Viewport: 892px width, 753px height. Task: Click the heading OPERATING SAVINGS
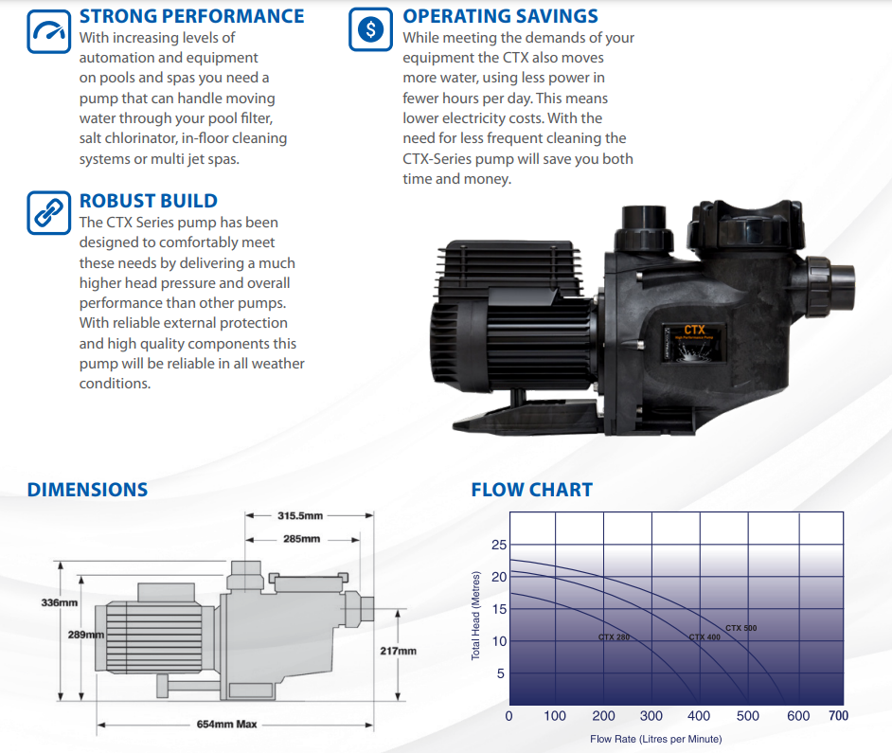[500, 16]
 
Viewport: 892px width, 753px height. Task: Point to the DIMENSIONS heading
[87, 490]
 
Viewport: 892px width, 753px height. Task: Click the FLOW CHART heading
[531, 490]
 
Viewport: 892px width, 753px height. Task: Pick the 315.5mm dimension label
[300, 516]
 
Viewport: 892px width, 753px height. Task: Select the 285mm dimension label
[301, 539]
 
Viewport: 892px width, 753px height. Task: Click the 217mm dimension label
[398, 652]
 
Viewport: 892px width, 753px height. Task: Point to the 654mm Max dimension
[227, 725]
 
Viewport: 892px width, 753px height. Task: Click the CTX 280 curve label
[614, 637]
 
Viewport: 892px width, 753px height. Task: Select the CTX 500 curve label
[741, 629]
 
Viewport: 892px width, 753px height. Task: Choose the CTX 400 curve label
[704, 637]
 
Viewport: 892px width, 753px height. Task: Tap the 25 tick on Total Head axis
[499, 545]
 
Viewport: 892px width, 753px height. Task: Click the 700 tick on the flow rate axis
[838, 716]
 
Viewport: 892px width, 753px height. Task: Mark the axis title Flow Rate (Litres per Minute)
[655, 739]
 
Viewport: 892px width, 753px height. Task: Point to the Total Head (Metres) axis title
[476, 616]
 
